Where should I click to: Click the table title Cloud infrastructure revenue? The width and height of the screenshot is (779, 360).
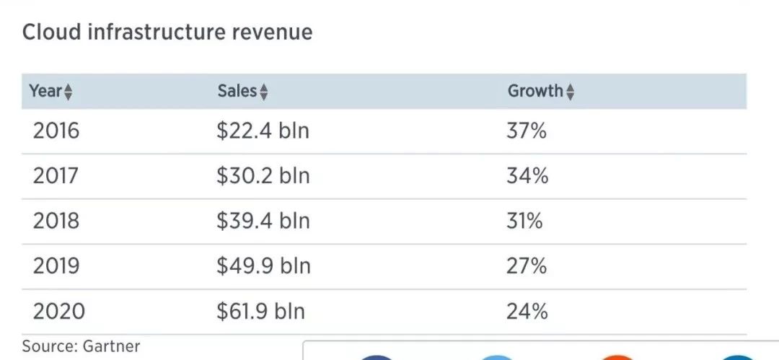tap(167, 32)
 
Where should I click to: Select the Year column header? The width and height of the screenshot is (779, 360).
tap(45, 91)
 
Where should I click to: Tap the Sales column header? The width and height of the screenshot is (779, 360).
tap(237, 91)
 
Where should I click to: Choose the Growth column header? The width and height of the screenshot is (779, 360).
tap(534, 91)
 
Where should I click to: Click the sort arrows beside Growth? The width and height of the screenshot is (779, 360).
tap(571, 92)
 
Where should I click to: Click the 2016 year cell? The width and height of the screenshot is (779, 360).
tap(56, 131)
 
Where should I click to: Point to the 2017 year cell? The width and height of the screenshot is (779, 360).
tap(56, 176)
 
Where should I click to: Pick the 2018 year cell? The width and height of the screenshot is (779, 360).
tap(56, 221)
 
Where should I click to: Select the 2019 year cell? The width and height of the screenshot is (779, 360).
tap(56, 266)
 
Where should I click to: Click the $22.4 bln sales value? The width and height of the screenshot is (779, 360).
tap(263, 131)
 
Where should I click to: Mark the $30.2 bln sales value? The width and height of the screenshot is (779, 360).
tap(263, 176)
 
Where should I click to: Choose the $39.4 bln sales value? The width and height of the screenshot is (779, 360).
tap(263, 221)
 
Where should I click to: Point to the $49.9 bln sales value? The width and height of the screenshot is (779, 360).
tap(264, 266)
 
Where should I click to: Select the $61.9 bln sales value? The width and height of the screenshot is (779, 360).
tap(261, 312)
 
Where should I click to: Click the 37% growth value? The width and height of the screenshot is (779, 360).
tap(527, 131)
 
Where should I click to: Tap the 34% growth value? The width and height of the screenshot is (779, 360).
tap(527, 176)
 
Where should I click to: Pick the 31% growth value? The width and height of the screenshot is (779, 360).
tap(524, 221)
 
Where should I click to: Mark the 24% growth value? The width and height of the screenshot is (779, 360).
tap(527, 312)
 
